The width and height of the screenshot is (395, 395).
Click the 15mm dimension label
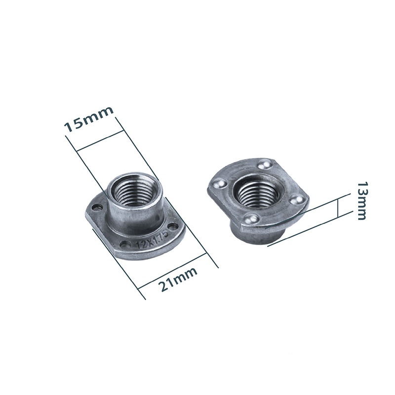[89, 119]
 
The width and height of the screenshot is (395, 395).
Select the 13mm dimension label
[363, 200]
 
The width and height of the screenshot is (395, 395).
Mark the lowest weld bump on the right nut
[251, 219]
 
